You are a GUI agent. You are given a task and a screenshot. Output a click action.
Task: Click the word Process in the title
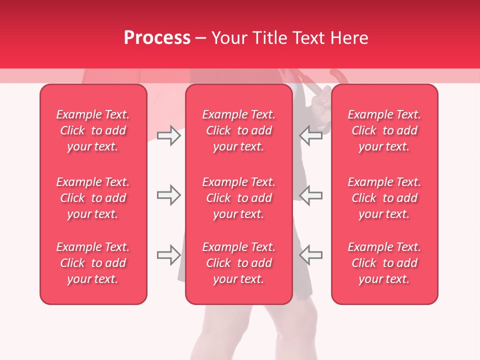[x=157, y=38]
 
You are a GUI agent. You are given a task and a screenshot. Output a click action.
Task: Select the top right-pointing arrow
[x=169, y=135]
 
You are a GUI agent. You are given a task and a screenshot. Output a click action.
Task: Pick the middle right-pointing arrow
[x=169, y=195]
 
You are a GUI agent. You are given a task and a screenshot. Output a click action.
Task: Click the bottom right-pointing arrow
[x=169, y=255]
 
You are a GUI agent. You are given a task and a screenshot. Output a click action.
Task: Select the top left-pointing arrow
[x=310, y=135]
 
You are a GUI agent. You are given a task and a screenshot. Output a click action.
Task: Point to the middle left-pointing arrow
[x=310, y=195]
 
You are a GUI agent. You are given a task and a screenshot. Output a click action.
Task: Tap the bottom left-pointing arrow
[x=310, y=255]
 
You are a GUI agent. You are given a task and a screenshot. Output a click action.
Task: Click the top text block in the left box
[x=93, y=130]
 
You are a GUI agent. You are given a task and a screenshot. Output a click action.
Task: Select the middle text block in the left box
[x=93, y=198]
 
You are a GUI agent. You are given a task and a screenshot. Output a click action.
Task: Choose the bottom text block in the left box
[x=93, y=263]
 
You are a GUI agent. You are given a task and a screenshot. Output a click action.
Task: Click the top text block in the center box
[x=238, y=130]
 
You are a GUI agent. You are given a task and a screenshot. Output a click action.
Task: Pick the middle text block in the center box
[x=238, y=198]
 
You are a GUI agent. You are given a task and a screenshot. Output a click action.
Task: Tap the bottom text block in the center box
[x=238, y=263]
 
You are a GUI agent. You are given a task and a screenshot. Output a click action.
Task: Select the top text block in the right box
[x=384, y=130]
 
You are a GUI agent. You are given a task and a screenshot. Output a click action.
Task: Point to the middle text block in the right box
[x=384, y=198]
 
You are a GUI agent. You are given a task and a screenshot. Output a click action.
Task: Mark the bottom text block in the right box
[x=384, y=263]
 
